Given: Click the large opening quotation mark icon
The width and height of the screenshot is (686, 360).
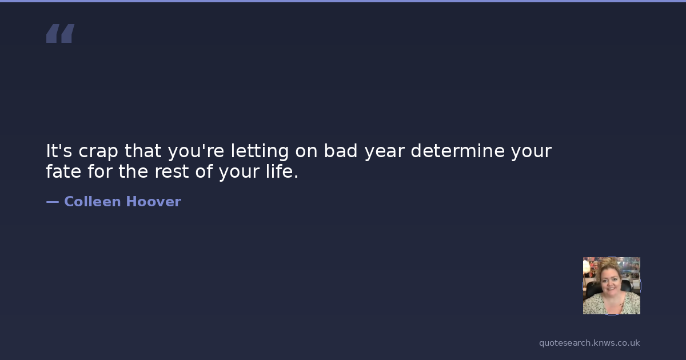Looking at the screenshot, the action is coord(61,33).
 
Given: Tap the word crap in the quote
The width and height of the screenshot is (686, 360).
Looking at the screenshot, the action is coord(98,152).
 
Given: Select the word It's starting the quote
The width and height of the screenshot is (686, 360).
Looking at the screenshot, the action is coord(59,151).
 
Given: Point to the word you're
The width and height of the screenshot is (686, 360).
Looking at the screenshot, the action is coord(196,152).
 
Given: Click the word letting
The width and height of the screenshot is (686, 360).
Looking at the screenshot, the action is coord(260,152).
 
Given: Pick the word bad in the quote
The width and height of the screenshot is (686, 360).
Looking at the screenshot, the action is coord(341,151).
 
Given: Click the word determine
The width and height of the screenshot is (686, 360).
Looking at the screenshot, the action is coord(457,151).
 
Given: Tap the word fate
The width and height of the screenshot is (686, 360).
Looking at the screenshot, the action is coord(63,171).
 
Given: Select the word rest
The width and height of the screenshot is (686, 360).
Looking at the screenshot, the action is coord(171,172).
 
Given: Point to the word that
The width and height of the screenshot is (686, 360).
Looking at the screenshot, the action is coord(143,151).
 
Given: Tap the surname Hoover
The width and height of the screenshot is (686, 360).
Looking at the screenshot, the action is coord(153,202).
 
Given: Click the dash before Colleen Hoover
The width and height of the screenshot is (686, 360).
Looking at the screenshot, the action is coord(53,202).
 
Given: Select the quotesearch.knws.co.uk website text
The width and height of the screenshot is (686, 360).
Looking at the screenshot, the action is coord(589,343).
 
